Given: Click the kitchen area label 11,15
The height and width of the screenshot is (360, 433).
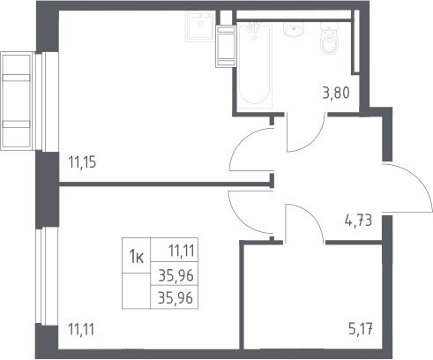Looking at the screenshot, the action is point(82,162).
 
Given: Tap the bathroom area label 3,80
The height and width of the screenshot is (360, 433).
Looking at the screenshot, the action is point(336,94).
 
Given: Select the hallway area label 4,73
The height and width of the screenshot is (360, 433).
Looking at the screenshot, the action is point(358,221).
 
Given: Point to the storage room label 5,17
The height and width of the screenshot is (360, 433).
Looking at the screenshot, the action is point(361,329).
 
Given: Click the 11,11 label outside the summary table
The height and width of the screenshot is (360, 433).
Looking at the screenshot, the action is point(81,329).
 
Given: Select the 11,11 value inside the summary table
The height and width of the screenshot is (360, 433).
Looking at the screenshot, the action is point(181,251).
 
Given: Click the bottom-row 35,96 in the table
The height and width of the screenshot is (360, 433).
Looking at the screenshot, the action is point(175,297).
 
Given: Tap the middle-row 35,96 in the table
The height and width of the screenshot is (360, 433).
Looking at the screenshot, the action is point(175,275).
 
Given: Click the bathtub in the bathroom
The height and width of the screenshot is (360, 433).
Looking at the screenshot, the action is point(255,65).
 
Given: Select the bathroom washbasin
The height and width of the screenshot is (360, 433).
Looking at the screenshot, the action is point(294,30).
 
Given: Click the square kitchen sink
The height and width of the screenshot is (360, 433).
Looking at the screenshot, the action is point(200,27).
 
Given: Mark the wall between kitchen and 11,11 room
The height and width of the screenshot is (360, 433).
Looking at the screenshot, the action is point(167,184).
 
